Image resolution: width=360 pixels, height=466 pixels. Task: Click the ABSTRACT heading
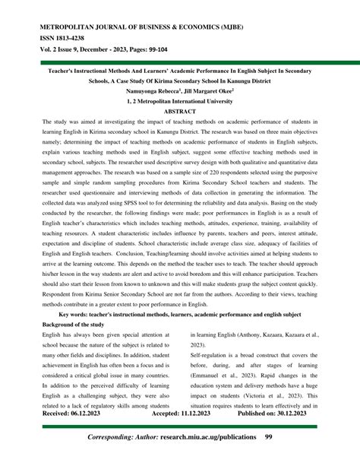point(179,110)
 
